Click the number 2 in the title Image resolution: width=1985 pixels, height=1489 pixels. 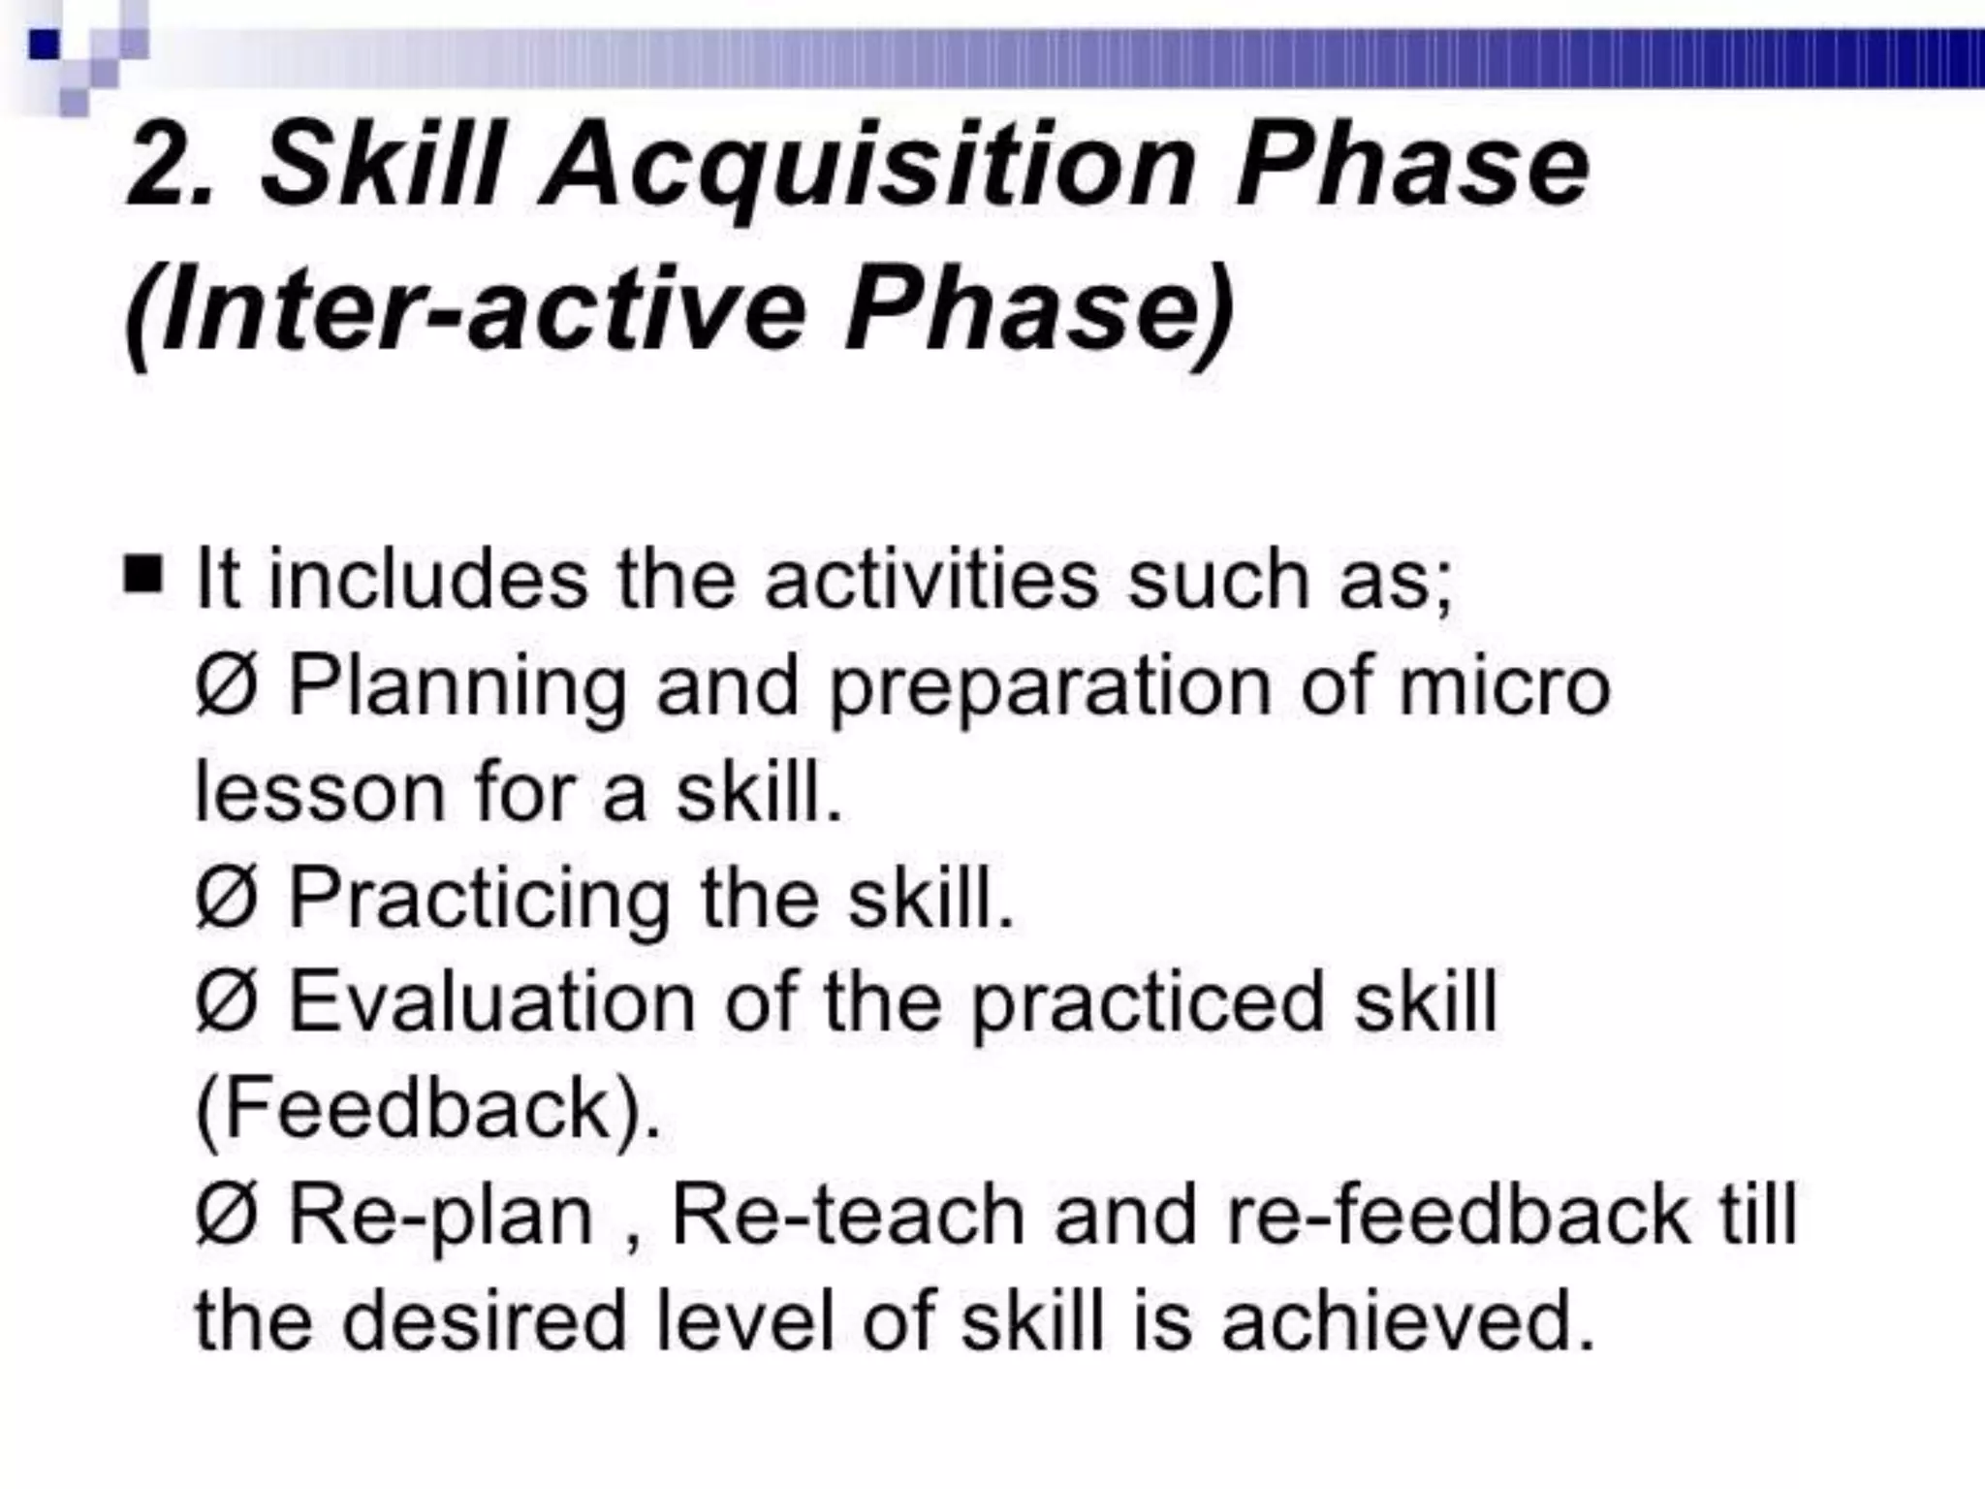(160, 167)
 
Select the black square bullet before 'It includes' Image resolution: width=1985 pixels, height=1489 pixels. (143, 575)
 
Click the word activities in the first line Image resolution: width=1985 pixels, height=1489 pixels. (931, 580)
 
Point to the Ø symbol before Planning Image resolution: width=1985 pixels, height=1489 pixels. (226, 686)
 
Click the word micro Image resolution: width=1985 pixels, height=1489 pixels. (1504, 686)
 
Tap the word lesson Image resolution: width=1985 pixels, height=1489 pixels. (320, 793)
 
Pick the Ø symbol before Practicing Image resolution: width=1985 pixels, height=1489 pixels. (226, 900)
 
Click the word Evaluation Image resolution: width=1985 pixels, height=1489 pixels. (492, 1003)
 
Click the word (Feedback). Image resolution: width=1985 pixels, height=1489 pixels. (427, 1111)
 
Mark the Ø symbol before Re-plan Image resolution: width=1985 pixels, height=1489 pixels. (226, 1217)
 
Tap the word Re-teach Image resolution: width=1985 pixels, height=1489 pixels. (847, 1217)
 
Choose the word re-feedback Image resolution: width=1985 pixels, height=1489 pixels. (1458, 1217)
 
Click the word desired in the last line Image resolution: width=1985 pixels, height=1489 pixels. (485, 1322)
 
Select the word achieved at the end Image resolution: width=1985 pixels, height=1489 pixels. (1407, 1322)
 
